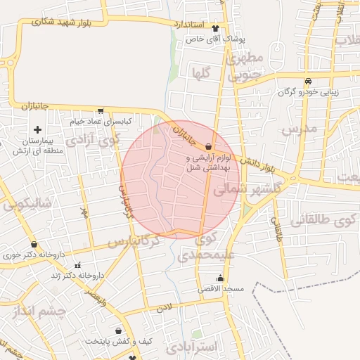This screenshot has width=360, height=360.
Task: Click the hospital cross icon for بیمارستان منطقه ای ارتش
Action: pos(37,129)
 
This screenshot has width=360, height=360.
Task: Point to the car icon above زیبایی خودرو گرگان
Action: pos(309,81)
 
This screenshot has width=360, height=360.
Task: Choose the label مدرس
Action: pos(300,129)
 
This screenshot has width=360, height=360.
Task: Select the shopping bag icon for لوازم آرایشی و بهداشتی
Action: pos(208,146)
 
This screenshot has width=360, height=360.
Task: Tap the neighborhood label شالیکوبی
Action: pos(27,205)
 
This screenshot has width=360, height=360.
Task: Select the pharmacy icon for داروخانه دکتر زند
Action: pos(77,266)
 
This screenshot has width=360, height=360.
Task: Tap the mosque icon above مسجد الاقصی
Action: pos(221,278)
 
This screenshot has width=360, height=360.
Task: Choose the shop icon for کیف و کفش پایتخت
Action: pos(117,330)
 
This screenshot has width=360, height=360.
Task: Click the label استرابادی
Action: pos(193,347)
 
